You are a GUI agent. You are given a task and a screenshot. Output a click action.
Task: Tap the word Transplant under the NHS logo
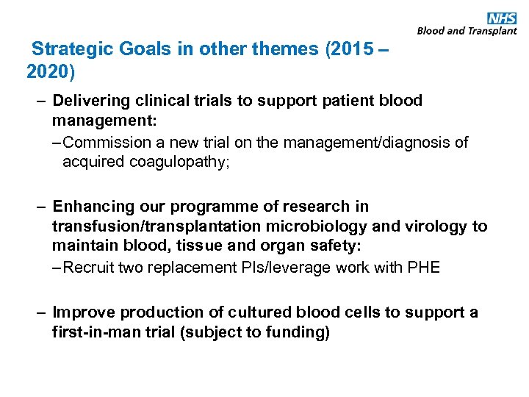(492, 31)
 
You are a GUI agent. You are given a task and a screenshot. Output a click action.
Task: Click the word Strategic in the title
(69, 50)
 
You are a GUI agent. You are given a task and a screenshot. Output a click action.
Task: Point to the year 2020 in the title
(50, 71)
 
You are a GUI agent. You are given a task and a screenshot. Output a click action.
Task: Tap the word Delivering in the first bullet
(89, 100)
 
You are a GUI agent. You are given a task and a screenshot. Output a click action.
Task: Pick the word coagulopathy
(183, 162)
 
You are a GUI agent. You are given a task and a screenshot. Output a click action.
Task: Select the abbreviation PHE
(424, 267)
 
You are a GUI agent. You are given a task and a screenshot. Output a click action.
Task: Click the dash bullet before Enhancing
(43, 207)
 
